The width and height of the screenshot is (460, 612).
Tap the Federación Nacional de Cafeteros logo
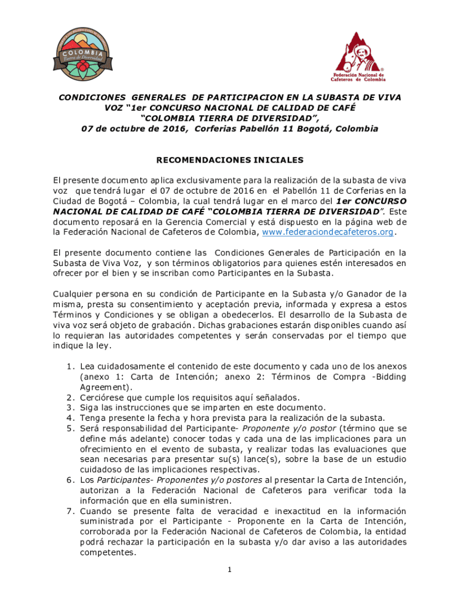point(358,57)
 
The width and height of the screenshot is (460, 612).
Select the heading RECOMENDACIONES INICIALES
point(230,160)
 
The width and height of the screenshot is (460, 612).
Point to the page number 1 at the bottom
point(229,570)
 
